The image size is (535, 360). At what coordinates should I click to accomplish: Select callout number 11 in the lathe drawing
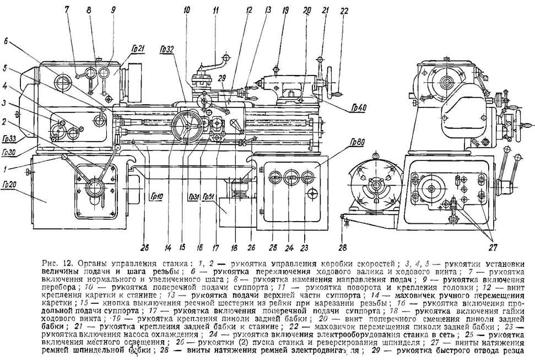215,10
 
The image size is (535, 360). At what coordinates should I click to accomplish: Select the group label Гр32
166,49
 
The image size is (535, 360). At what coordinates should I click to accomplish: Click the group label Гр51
209,197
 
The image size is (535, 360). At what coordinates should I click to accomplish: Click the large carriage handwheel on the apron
185,128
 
